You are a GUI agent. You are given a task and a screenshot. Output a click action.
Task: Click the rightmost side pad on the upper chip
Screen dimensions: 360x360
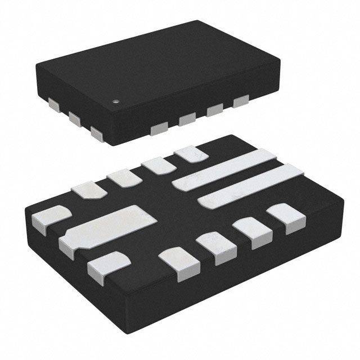(x=241, y=102)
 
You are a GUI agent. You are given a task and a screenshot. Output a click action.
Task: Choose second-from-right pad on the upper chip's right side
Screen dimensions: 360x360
(x=214, y=111)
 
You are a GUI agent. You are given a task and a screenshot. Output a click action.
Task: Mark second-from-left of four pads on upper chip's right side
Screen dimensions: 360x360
(x=187, y=120)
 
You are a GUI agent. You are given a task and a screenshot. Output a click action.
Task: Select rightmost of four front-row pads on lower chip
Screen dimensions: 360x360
(x=285, y=217)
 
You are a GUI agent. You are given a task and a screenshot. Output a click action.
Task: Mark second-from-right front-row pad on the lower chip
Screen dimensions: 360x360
(x=251, y=232)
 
